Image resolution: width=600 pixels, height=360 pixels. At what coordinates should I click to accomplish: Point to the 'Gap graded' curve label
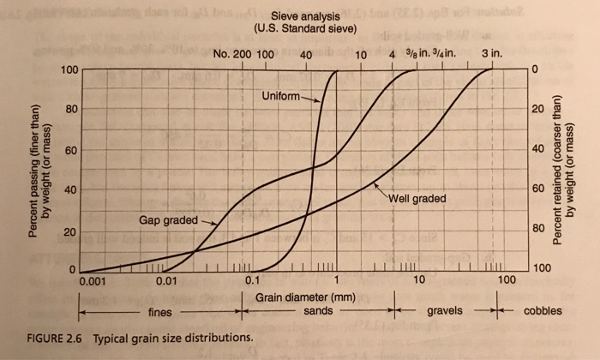(x=168, y=219)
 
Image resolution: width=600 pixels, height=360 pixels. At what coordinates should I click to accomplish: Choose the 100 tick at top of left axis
(x=69, y=69)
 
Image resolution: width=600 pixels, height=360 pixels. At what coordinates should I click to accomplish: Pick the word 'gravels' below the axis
(x=445, y=309)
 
